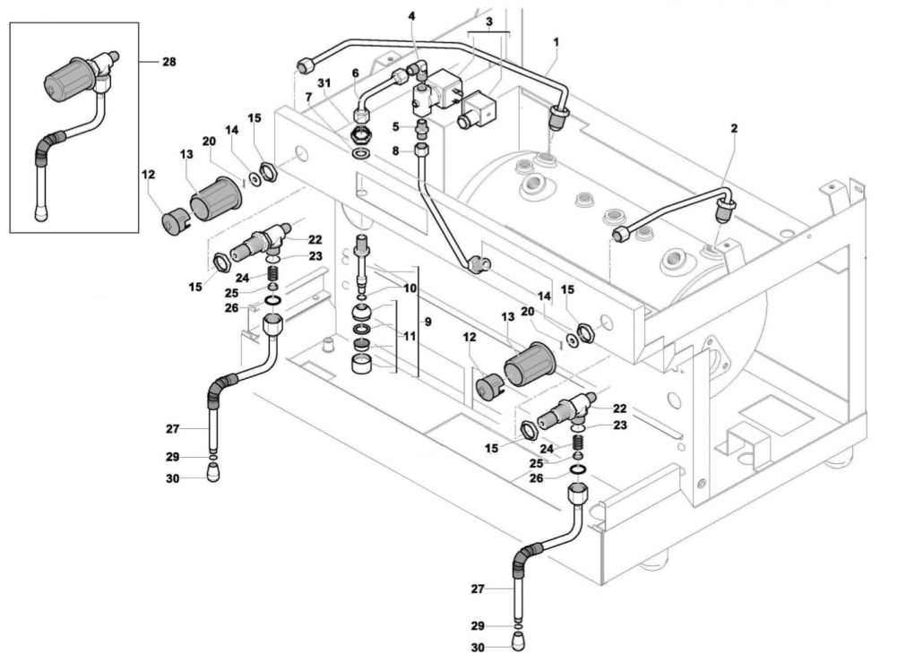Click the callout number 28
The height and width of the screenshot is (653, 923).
169,61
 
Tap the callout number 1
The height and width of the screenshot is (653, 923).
556,42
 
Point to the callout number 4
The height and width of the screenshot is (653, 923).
411,16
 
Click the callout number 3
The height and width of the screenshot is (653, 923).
489,21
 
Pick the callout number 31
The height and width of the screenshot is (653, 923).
324,83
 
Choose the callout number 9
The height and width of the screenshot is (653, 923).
428,322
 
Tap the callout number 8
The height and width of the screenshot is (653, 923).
395,151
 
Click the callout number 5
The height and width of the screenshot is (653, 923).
395,126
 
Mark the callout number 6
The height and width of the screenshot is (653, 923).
355,73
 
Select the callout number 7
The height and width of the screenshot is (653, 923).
308,96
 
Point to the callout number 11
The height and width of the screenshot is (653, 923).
410,336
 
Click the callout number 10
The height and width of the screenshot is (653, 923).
410,288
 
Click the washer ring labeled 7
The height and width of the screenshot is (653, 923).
360,153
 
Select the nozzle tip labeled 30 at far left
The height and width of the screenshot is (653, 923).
214,472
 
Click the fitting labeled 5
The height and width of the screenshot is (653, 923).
421,129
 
